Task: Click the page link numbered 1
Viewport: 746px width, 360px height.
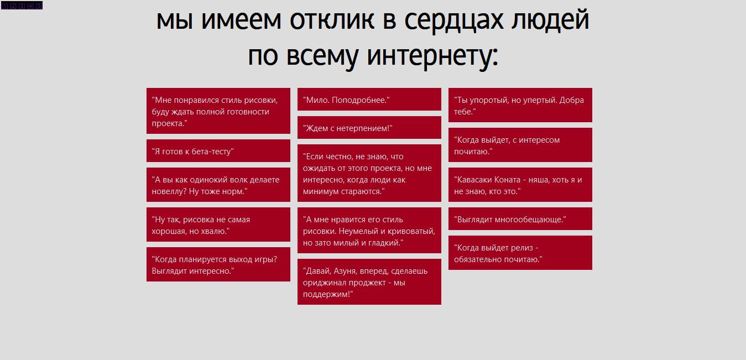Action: (4, 6)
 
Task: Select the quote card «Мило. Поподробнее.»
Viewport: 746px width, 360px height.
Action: (369, 99)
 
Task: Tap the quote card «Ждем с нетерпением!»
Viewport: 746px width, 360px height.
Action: (369, 128)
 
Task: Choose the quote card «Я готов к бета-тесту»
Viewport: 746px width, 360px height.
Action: (218, 151)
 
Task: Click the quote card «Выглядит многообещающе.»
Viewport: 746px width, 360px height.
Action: (520, 219)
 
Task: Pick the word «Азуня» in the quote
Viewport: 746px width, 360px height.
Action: (346, 271)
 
